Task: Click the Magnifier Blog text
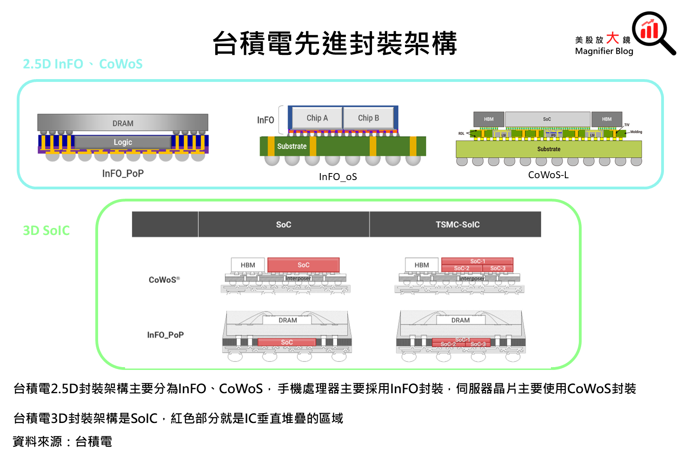(604, 51)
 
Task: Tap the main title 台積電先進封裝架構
(335, 43)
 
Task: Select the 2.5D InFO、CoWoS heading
(83, 64)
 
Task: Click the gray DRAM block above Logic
(123, 123)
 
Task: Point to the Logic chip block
(123, 142)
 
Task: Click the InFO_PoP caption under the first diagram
(123, 174)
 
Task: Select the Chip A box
(317, 118)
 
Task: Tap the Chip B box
(369, 118)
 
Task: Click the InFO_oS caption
(338, 177)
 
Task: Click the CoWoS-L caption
(548, 175)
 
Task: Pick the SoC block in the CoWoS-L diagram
(547, 119)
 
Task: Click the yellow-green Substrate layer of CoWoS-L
(549, 149)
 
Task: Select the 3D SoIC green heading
(46, 230)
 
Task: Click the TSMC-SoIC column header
(458, 225)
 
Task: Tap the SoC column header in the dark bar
(284, 225)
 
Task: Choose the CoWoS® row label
(164, 280)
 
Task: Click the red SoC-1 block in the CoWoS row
(477, 261)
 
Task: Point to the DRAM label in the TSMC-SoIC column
(460, 320)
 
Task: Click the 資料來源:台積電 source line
(62, 442)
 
